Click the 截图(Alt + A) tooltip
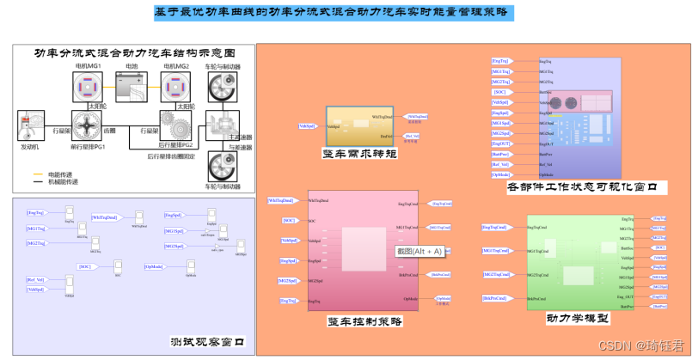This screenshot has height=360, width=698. pos(419,251)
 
